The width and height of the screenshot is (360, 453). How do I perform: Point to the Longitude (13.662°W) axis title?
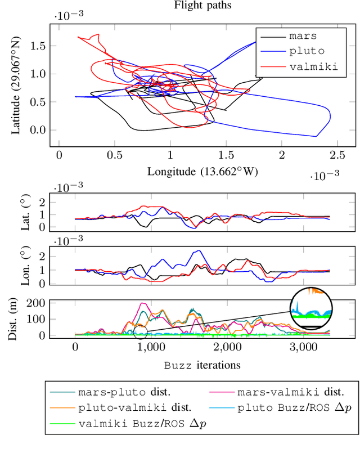pos(202,171)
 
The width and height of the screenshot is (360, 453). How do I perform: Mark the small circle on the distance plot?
pos(141,332)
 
